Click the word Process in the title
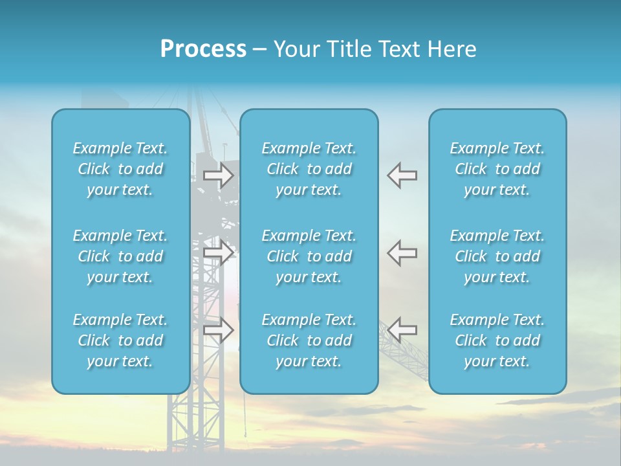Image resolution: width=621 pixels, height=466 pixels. (203, 49)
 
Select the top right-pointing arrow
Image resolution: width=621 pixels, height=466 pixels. (218, 175)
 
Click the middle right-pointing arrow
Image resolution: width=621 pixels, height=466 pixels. (218, 252)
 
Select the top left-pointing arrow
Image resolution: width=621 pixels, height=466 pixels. (402, 175)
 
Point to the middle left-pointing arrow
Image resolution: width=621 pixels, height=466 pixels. (402, 252)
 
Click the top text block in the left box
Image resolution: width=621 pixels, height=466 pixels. (120, 169)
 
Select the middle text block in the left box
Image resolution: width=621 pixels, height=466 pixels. (120, 256)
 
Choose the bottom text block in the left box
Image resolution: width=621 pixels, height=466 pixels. (120, 340)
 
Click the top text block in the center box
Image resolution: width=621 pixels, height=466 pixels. (309, 169)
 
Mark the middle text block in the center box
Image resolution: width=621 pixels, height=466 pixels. (309, 256)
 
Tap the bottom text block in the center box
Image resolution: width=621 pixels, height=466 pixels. (309, 340)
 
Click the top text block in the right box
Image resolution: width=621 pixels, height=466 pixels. (497, 169)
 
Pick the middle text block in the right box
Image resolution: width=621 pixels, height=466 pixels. (497, 256)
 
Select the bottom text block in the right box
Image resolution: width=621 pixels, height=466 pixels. (497, 340)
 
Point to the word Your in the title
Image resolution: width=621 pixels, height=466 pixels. (296, 49)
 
